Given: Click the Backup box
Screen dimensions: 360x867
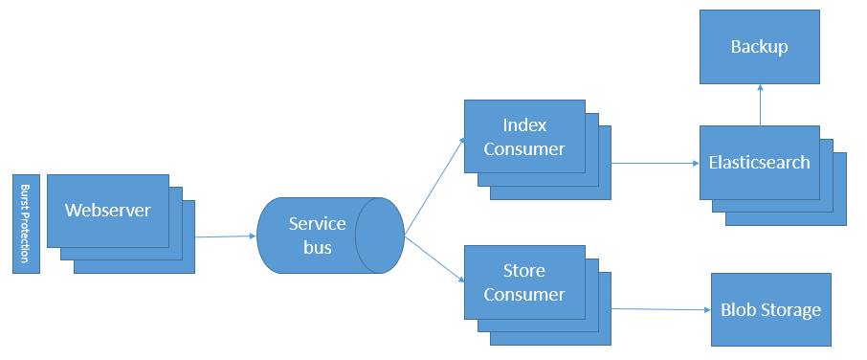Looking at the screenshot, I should click(x=759, y=47).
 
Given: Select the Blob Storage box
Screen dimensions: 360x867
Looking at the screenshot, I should click(x=770, y=309).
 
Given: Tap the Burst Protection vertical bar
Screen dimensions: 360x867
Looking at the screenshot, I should click(x=27, y=224).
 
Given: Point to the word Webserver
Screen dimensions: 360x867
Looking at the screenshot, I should click(x=107, y=210).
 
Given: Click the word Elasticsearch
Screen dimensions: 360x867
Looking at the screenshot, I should click(x=760, y=162).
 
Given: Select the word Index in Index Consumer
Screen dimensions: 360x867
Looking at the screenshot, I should click(x=523, y=125).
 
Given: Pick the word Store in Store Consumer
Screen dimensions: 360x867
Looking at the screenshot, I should click(x=523, y=271).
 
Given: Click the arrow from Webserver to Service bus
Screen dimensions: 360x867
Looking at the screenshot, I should click(x=225, y=236).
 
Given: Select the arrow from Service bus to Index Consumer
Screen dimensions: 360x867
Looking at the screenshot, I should click(x=434, y=185).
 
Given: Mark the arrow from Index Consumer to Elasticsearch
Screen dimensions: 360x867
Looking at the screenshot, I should click(x=656, y=163).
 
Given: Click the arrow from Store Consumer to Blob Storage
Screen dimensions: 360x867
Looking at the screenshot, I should click(x=660, y=309).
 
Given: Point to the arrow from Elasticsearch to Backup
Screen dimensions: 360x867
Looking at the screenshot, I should click(x=760, y=105).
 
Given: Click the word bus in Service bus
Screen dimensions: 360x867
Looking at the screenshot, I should click(x=317, y=247).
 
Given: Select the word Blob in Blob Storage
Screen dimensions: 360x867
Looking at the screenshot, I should click(x=740, y=309).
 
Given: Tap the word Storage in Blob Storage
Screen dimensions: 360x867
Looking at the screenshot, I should click(x=789, y=309).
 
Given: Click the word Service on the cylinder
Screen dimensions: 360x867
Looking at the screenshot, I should click(x=317, y=224).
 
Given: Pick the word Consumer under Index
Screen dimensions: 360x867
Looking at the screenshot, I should click(x=523, y=148).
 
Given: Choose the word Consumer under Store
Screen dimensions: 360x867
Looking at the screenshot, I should click(x=523, y=294).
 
